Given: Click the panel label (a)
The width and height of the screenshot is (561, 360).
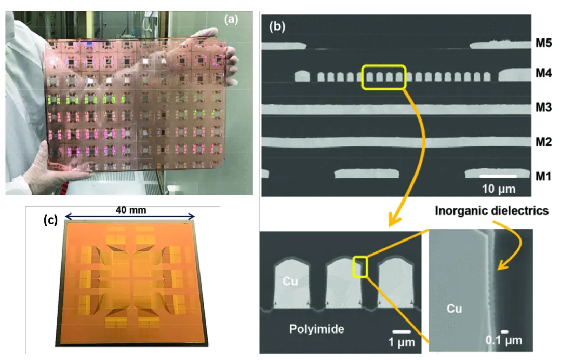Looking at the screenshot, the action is [231, 19].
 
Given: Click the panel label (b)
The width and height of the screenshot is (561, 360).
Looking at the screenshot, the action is [277, 26].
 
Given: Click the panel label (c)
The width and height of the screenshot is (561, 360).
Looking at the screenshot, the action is [50, 220].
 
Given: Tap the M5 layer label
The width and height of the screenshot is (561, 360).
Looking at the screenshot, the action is [543, 43].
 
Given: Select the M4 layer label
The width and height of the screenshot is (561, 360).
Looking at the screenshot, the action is [543, 73].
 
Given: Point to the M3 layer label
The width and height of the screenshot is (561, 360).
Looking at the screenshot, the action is [543, 107].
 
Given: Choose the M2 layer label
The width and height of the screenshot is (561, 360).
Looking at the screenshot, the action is [543, 142].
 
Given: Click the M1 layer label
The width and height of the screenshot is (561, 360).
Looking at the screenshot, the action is [543, 176].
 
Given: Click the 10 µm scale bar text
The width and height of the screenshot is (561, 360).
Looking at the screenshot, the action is [498, 189].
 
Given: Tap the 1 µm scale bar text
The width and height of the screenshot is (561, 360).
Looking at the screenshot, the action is [402, 342].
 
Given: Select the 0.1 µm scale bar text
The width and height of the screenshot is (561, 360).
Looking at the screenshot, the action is [504, 340].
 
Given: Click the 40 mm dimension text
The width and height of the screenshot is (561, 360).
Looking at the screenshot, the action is [131, 210].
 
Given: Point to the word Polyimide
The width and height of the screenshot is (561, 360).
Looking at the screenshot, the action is [317, 329].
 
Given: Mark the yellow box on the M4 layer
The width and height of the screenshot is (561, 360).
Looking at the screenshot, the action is [384, 77].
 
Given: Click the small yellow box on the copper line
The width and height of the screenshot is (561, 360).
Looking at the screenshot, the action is [360, 267].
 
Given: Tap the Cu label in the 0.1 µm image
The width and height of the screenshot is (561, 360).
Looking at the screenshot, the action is [454, 309].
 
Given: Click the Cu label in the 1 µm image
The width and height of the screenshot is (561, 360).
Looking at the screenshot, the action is [290, 281].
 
